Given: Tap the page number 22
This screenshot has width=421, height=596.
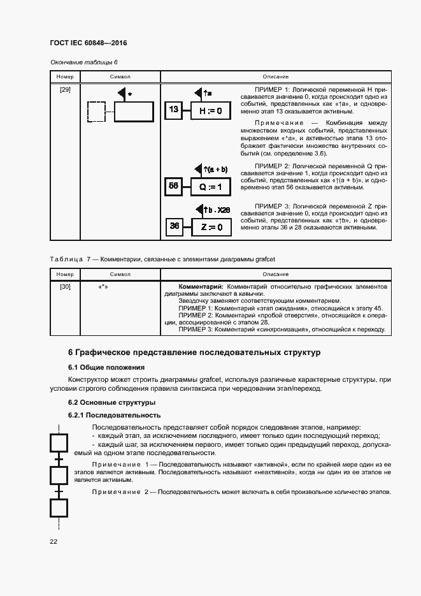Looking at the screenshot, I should pos(54,541).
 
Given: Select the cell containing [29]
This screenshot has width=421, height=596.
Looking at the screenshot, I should pos(65,90).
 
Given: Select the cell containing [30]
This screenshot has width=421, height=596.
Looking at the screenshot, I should pos(65,287).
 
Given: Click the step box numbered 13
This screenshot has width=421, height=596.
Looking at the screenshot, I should pos(173,110).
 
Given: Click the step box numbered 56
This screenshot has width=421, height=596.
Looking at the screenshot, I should pos(173,186).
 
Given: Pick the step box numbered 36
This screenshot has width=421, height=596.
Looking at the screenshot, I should pos(175,226).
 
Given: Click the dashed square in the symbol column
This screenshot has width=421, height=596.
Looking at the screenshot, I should pos(96,112).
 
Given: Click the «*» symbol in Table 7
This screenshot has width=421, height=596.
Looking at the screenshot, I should pos(103,287).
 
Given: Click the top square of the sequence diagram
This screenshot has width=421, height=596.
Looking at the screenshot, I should pos(59,442).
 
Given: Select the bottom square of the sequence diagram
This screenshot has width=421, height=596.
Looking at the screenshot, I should pos(59,507).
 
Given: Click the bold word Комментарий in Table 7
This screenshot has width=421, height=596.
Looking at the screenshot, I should pos(200,287).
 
